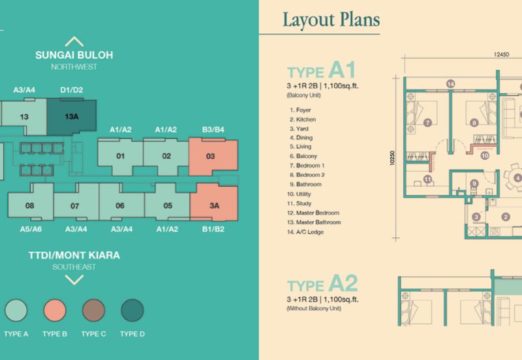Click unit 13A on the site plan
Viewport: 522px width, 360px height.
pyautogui.click(x=72, y=117)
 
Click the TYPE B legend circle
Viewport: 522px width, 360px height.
pyautogui.click(x=55, y=310)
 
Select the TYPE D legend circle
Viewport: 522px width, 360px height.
pyautogui.click(x=132, y=310)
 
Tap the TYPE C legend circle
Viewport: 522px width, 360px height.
pyautogui.click(x=93, y=310)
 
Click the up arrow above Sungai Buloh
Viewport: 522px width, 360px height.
pyautogui.click(x=74, y=42)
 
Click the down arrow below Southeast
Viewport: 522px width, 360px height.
pyautogui.click(x=74, y=280)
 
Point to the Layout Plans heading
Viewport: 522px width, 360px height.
pyautogui.click(x=331, y=20)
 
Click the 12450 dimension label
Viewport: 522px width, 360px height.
pyautogui.click(x=501, y=54)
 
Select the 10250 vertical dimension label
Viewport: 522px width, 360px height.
pyautogui.click(x=392, y=158)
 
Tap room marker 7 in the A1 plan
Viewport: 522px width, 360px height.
pyautogui.click(x=427, y=123)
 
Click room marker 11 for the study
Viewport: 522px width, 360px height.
pyautogui.click(x=427, y=179)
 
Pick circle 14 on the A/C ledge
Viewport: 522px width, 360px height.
pyautogui.click(x=450, y=84)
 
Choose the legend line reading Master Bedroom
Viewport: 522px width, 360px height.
pyautogui.click(x=313, y=213)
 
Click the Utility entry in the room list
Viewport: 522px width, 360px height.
pyautogui.click(x=299, y=194)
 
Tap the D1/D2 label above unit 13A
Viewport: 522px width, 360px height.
pyautogui.click(x=72, y=90)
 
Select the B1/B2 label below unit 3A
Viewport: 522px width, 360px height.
pyautogui.click(x=213, y=229)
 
